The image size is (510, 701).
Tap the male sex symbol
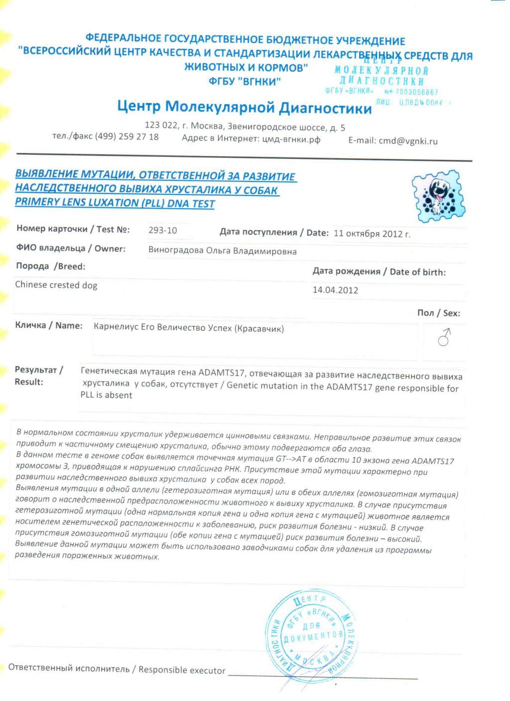click(x=444, y=337)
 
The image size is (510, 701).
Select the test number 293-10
click(x=162, y=230)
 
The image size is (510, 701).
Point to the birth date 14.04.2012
click(x=335, y=290)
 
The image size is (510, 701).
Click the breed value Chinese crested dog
click(x=56, y=285)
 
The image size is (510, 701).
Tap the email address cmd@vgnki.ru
click(x=408, y=141)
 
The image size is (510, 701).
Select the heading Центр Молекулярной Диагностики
click(x=244, y=107)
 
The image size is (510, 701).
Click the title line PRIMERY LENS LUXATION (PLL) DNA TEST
click(x=115, y=203)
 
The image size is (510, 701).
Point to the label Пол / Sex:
click(x=438, y=313)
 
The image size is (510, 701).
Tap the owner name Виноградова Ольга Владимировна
click(x=222, y=251)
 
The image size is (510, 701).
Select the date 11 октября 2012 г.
click(x=372, y=234)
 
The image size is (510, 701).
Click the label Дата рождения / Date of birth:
click(x=379, y=272)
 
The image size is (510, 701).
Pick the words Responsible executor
click(x=182, y=670)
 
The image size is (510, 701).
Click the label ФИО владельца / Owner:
click(x=71, y=248)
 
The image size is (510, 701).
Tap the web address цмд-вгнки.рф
click(x=291, y=140)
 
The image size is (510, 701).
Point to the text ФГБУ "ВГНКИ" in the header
click(x=245, y=81)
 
